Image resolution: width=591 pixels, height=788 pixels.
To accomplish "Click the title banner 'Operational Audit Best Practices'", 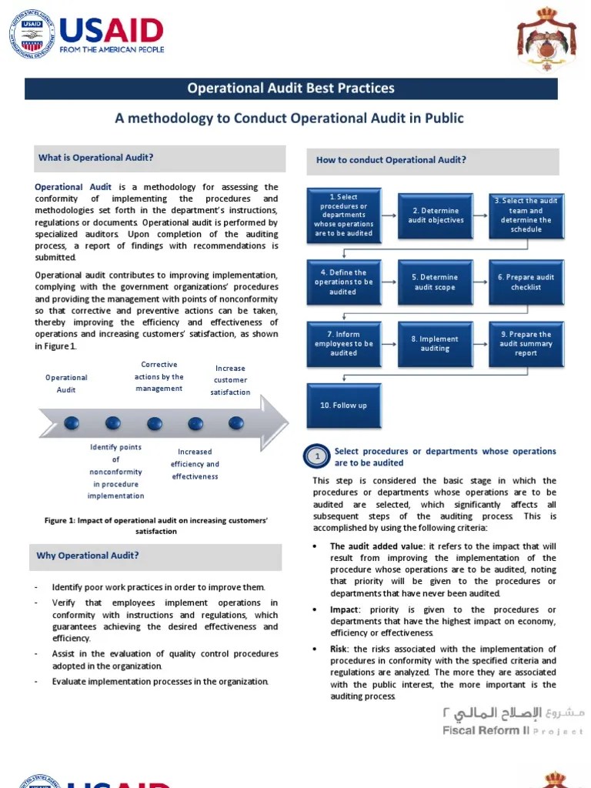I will [x=291, y=88].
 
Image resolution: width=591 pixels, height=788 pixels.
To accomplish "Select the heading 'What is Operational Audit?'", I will [x=96, y=158].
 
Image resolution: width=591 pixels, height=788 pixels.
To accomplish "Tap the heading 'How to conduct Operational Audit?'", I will [x=391, y=160].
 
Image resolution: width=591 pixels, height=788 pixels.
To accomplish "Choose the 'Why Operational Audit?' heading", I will [x=88, y=556].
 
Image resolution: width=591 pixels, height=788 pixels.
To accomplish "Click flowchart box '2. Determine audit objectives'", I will [x=436, y=216].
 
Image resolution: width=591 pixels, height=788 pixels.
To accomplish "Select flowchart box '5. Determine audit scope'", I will [x=436, y=282].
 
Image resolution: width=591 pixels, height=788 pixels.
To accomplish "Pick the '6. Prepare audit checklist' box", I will [x=526, y=282].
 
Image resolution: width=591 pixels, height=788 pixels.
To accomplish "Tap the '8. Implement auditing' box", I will [x=436, y=344].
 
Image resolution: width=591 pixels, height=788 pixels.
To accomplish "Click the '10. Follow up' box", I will [x=343, y=406].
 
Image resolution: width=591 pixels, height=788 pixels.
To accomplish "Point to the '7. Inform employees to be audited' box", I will [x=343, y=344].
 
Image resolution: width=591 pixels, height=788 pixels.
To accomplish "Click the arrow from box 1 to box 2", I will [x=389, y=216].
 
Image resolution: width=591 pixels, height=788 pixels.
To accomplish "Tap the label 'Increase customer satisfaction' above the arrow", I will [x=230, y=380].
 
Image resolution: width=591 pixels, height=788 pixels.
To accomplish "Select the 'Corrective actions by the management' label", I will [x=159, y=376].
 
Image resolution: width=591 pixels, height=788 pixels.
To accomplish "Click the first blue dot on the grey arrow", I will [x=72, y=422].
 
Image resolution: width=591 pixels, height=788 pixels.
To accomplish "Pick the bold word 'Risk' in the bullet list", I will [x=339, y=649].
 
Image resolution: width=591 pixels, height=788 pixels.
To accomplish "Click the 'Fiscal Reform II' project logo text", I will [x=486, y=730].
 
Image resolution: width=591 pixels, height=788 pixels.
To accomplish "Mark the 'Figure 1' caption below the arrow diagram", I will [x=156, y=526].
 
